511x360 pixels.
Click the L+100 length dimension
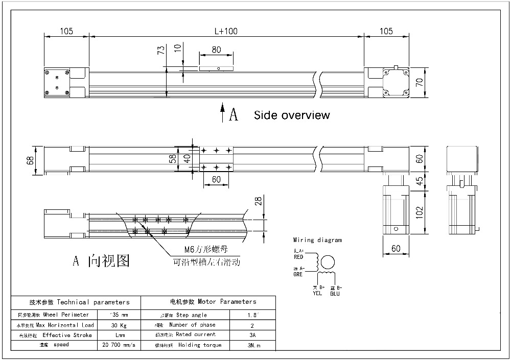226,31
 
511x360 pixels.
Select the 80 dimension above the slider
216,50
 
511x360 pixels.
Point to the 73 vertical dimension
160,50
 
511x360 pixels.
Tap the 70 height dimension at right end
420,82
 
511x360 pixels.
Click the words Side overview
292,115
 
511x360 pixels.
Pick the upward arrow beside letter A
222,112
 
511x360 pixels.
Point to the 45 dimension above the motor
420,181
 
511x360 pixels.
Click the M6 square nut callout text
205,250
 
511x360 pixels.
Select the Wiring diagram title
317,239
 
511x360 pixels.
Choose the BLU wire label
335,294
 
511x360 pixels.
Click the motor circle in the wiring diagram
328,262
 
